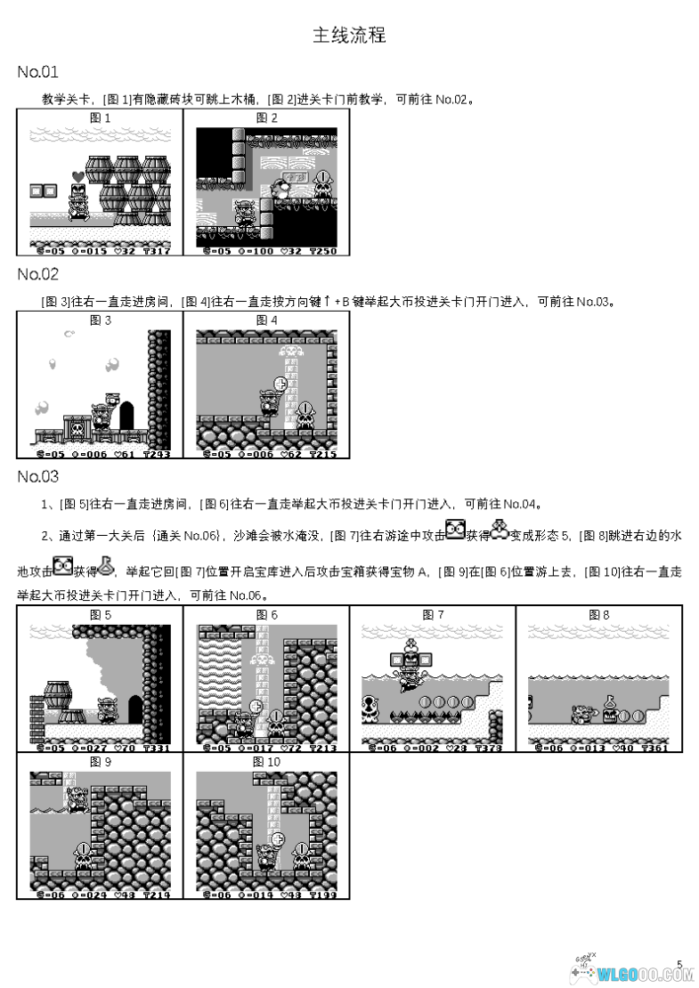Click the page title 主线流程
click(x=349, y=36)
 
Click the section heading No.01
click(x=37, y=72)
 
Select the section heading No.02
click(x=37, y=274)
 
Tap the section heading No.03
click(x=37, y=476)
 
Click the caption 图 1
click(x=100, y=117)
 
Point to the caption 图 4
click(x=266, y=320)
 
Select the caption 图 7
click(x=433, y=614)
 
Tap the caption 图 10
click(x=266, y=762)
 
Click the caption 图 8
click(x=599, y=614)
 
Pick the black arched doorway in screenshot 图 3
click(x=126, y=416)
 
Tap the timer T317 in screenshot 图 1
click(x=157, y=251)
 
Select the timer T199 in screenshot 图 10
click(x=323, y=895)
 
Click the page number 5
click(x=679, y=963)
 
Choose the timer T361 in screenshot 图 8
click(x=656, y=748)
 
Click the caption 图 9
click(x=100, y=762)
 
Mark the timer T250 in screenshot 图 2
click(x=323, y=251)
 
